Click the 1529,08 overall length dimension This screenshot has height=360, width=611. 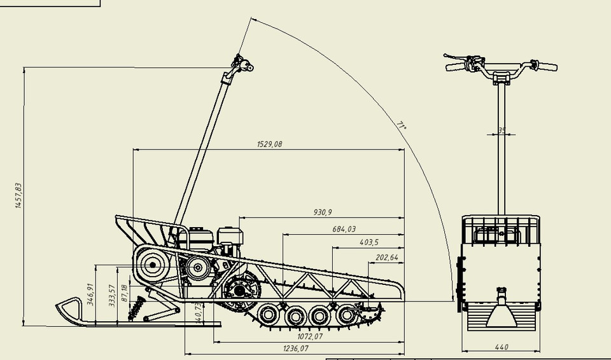point(269,144)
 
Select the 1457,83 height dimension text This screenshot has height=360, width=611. point(18,196)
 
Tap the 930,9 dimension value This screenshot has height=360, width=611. point(323,212)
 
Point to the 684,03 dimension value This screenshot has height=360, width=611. point(344,229)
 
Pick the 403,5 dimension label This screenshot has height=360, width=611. point(369,242)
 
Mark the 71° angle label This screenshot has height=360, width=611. point(402,125)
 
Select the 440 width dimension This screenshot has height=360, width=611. point(502,347)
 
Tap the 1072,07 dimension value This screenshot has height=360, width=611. point(310,336)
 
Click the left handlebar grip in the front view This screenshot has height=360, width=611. point(455,66)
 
